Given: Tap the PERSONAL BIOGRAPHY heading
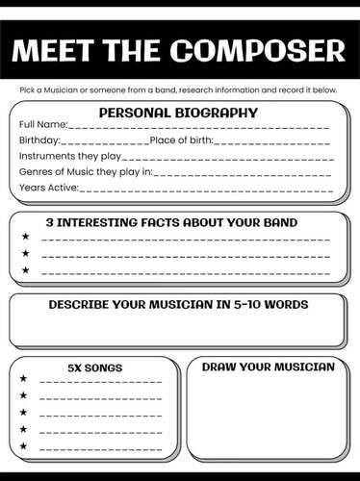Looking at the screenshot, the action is (x=178, y=113).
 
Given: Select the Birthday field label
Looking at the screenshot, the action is (x=39, y=140).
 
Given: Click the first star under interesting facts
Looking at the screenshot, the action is (x=25, y=236).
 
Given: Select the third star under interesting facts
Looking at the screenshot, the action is (x=25, y=270).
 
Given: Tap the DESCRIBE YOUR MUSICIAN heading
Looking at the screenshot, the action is (x=178, y=305).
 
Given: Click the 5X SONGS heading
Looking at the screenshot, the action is (x=95, y=367).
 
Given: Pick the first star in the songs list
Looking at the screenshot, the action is (x=24, y=378).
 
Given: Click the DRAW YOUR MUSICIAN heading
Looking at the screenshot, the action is (x=268, y=367).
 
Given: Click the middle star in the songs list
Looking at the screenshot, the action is (x=24, y=413).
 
